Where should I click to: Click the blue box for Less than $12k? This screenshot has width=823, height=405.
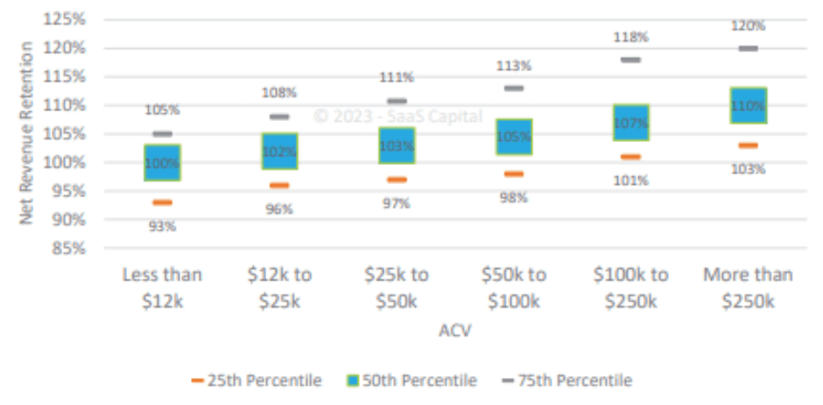click(x=163, y=162)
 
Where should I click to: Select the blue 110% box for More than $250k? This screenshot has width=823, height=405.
click(x=748, y=105)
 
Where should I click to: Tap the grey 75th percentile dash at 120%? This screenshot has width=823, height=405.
click(x=748, y=48)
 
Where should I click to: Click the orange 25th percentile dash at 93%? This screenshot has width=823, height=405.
click(x=163, y=202)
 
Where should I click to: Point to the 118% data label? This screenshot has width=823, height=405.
click(x=630, y=37)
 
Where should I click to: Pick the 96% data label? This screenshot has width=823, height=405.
click(x=279, y=210)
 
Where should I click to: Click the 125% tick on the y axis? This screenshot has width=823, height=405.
click(x=65, y=18)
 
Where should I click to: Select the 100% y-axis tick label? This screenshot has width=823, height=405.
click(x=65, y=162)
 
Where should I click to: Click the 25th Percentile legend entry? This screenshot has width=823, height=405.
click(x=257, y=380)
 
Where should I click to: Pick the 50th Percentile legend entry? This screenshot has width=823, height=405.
click(x=412, y=380)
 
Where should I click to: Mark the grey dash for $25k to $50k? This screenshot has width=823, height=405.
click(x=397, y=101)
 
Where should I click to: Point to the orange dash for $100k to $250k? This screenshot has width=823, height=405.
click(x=630, y=157)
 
